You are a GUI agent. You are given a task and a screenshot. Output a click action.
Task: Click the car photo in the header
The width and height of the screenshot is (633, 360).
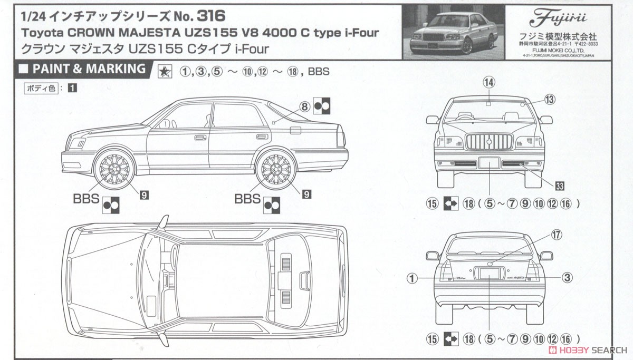pyautogui.click(x=451, y=30)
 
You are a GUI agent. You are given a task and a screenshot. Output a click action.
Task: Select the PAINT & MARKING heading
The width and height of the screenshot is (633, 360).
pyautogui.click(x=89, y=69)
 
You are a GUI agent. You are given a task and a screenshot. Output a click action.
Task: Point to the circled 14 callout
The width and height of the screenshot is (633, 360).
pyautogui.click(x=489, y=82)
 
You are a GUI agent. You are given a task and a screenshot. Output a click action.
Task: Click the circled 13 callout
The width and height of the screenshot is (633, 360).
pyautogui.click(x=550, y=99)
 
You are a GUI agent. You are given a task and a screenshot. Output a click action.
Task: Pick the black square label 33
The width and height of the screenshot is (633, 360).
pyautogui.click(x=560, y=185)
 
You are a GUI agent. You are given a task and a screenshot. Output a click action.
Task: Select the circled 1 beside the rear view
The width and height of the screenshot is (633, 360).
pyautogui.click(x=413, y=277)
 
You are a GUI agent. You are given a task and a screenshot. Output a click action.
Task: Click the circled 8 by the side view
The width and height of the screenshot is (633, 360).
pyautogui.click(x=304, y=106)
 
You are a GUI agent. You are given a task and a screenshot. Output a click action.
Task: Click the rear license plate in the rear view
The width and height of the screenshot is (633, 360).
pyautogui.click(x=489, y=273)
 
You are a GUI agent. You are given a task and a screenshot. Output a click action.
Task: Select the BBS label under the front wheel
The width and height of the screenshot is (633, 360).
pyautogui.click(x=85, y=199)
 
